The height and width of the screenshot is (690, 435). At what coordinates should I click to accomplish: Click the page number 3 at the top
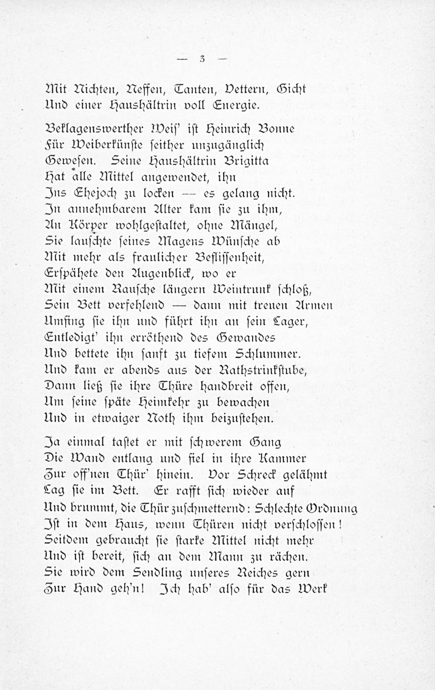pos(202,59)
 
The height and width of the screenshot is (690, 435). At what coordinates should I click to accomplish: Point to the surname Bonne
pos(277,129)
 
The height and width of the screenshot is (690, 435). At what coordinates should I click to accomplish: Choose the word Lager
pos(292,322)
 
